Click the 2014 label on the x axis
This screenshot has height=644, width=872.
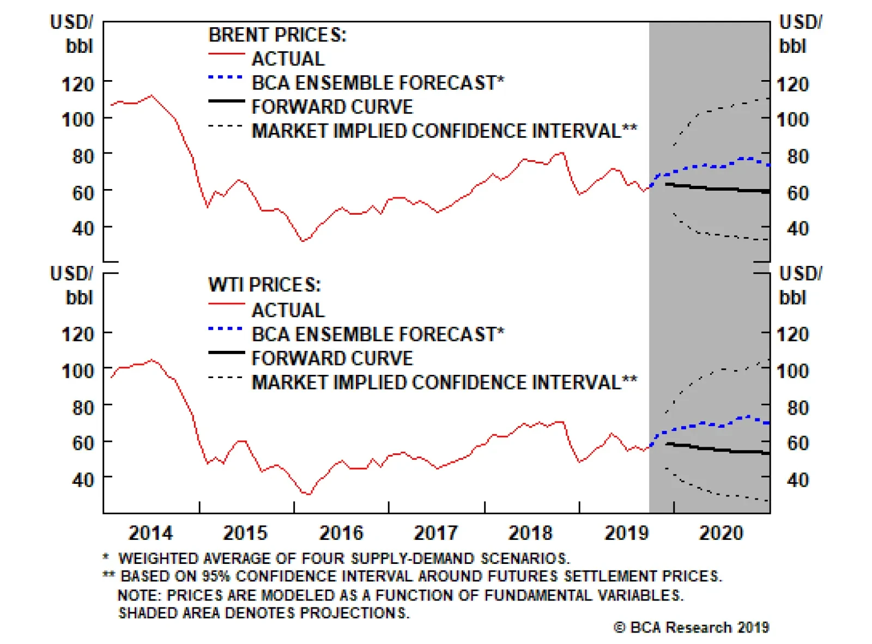(150, 532)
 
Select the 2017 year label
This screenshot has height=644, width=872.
(436, 532)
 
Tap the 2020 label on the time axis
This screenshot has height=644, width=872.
(721, 532)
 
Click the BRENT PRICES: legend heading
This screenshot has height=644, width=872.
(277, 35)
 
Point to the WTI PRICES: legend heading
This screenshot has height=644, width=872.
(265, 285)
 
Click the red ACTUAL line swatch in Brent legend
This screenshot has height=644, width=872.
(226, 54)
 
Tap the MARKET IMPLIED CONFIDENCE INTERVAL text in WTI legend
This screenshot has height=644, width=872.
(436, 382)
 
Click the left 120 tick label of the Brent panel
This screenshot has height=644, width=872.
(77, 84)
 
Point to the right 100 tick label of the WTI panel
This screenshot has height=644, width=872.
(792, 371)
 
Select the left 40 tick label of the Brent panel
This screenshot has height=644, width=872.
(83, 228)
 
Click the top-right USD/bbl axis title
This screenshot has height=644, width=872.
(800, 34)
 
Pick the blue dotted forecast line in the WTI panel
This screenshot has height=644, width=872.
(703, 423)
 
